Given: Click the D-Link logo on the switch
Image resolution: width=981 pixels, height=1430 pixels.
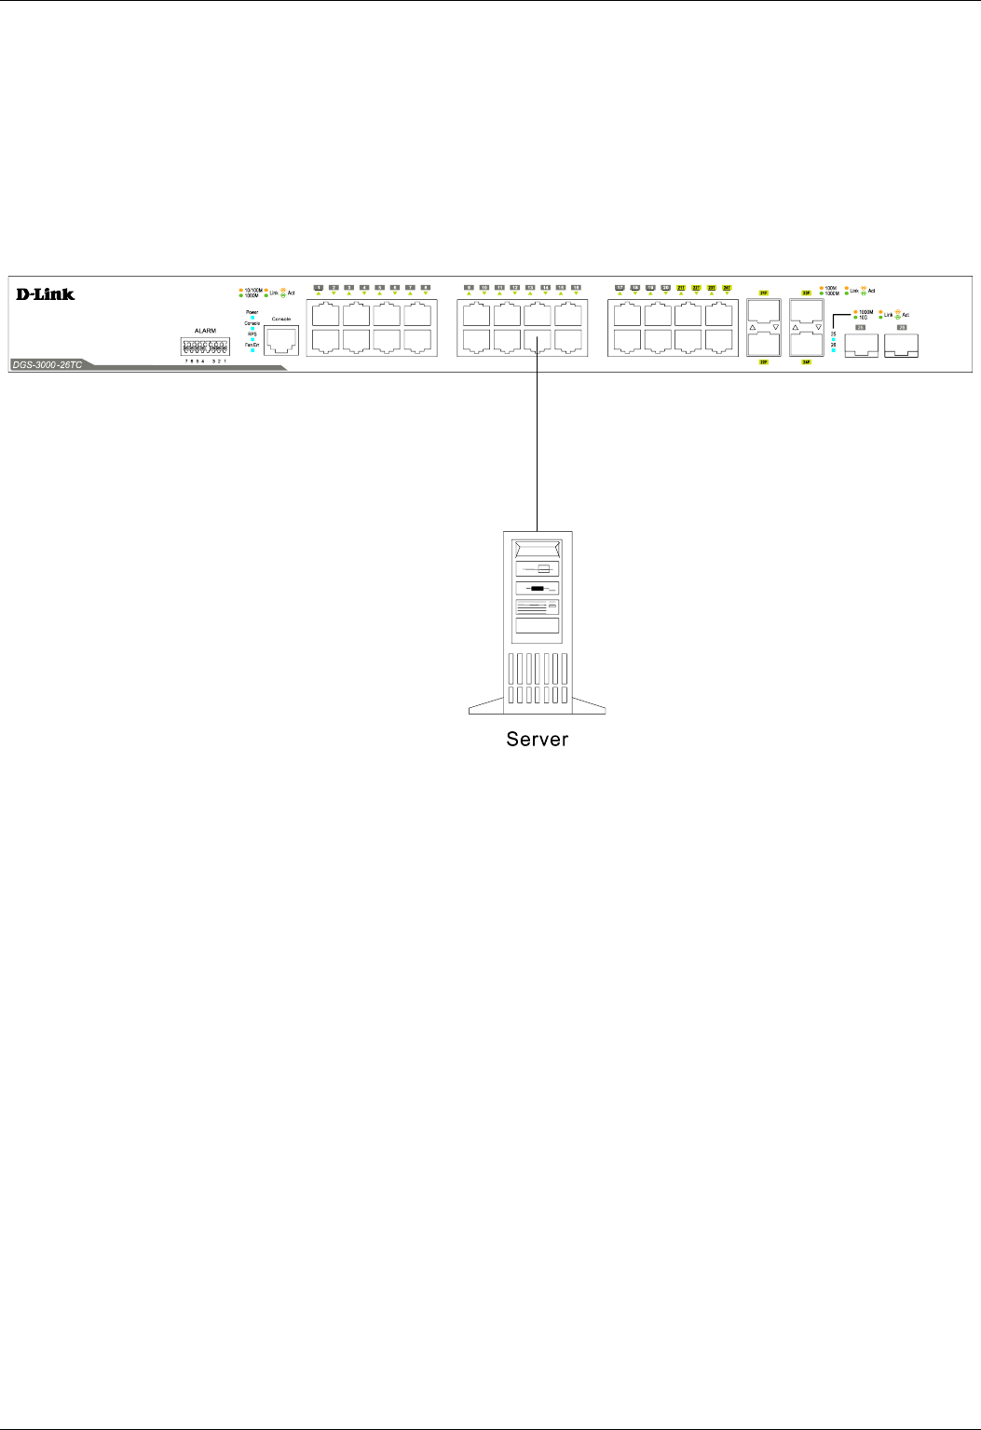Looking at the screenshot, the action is (x=45, y=294).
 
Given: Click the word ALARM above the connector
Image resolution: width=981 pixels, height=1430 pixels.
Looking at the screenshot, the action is (x=205, y=331).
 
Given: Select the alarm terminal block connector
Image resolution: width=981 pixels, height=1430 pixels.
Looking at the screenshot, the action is (x=206, y=346).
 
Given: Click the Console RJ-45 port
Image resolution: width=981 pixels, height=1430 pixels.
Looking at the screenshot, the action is (x=280, y=340).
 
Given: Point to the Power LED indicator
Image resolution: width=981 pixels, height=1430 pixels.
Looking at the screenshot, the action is (x=252, y=318).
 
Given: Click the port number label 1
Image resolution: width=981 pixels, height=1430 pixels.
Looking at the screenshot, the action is (x=319, y=287).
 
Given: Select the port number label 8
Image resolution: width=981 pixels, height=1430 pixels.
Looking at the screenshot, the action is (x=426, y=287).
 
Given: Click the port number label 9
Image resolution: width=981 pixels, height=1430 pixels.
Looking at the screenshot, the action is (x=469, y=287).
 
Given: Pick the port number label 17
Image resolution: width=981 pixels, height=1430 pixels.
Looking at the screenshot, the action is (x=620, y=287).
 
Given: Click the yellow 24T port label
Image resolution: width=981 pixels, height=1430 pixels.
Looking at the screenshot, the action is (x=727, y=287).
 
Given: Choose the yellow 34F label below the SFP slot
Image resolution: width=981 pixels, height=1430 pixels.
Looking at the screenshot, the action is (x=807, y=362).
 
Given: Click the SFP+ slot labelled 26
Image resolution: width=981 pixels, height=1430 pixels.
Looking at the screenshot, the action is (x=901, y=346).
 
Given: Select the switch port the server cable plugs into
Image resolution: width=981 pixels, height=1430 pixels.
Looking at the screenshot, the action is (x=538, y=341).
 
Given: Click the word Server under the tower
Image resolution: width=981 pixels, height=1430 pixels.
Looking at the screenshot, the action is (x=537, y=740).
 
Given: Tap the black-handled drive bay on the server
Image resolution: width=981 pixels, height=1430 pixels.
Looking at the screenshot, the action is (x=537, y=589).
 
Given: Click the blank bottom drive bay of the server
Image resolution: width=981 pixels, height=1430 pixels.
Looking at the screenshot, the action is (x=537, y=626).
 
